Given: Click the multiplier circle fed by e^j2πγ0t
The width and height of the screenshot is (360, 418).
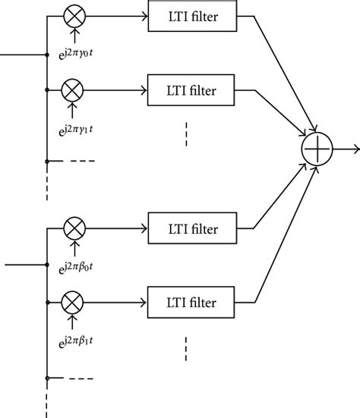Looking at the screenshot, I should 74,16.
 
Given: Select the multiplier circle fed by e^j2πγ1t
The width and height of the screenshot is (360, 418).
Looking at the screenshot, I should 74,90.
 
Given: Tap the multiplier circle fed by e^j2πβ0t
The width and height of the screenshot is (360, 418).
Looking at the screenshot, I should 74,227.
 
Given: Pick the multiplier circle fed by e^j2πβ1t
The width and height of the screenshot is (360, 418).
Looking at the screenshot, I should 74,301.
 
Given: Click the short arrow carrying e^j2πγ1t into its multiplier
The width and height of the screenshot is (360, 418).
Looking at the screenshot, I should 74,109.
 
